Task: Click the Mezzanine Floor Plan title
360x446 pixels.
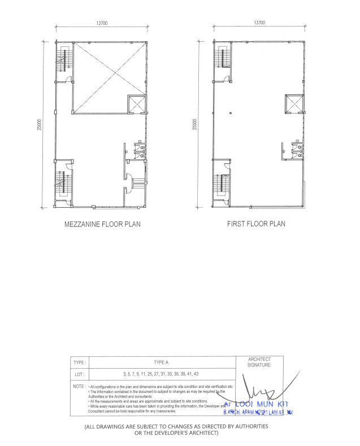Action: [x=102, y=224]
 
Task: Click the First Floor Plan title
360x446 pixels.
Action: [x=256, y=224]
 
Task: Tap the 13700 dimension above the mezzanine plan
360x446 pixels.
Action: [x=102, y=23]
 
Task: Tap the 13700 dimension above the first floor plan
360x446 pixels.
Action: [x=259, y=23]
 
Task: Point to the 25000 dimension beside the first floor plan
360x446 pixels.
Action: [x=195, y=126]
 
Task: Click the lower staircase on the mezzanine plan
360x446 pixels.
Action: [x=62, y=185]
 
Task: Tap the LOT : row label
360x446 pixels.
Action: [x=79, y=374]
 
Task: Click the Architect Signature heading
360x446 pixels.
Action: [x=260, y=362]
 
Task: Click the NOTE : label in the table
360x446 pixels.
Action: [x=79, y=386]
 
